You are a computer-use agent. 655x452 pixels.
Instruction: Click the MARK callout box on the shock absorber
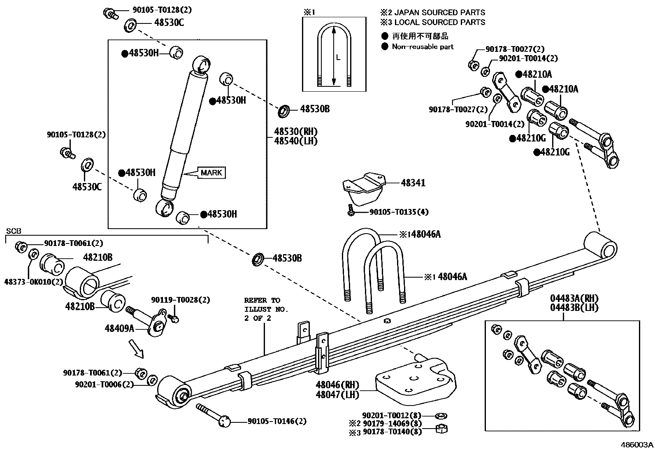point(211,173)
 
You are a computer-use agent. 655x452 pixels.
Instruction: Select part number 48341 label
point(413,183)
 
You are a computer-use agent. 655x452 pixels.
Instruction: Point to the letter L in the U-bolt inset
point(338,58)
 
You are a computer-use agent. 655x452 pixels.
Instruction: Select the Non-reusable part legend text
point(423,47)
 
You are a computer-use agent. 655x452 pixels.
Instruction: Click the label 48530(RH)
point(296,132)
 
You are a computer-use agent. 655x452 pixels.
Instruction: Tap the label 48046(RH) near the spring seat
point(337,385)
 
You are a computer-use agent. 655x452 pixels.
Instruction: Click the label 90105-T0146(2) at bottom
point(277,421)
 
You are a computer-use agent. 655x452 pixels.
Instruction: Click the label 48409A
point(119,328)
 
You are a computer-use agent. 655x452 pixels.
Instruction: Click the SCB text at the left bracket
point(14,231)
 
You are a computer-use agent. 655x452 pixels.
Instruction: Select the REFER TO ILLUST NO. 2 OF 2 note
point(266,309)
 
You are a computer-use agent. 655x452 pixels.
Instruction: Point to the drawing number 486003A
point(636,445)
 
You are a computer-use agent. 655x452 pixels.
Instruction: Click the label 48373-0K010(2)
point(34,282)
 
